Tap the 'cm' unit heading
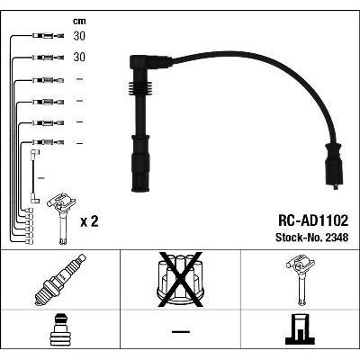tap(78, 20)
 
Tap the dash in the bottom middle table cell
tap(180, 334)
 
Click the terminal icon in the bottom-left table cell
tap(59, 333)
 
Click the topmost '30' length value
tap(79, 37)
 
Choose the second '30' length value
tap(79, 57)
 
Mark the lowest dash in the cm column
tap(79, 143)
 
